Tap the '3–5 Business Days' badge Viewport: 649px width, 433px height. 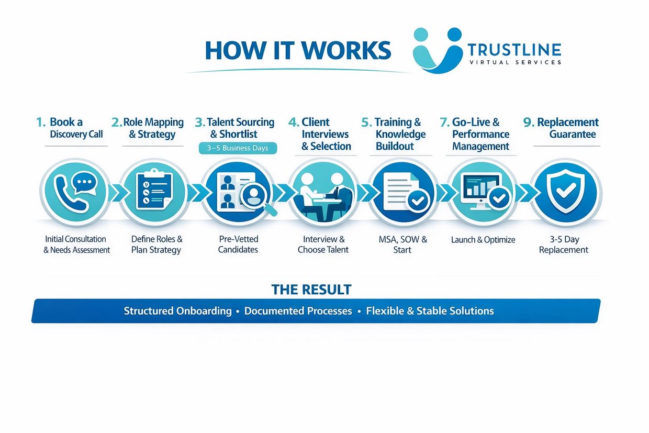238,148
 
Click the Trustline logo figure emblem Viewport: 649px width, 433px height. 437,50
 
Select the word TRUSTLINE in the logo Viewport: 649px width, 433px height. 514,50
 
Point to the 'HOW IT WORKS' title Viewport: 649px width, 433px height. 298,50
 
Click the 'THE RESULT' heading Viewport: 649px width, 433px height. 311,290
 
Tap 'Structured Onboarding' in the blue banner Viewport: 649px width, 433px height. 177,311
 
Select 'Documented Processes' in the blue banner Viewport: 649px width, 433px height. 298,311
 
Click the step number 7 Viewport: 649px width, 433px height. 444,123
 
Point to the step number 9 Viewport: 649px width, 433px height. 528,123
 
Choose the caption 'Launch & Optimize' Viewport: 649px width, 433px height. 483,240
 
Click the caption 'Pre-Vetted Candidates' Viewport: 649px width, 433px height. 238,245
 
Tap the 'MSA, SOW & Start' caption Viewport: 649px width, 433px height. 402,245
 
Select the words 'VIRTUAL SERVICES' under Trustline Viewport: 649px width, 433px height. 514,62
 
